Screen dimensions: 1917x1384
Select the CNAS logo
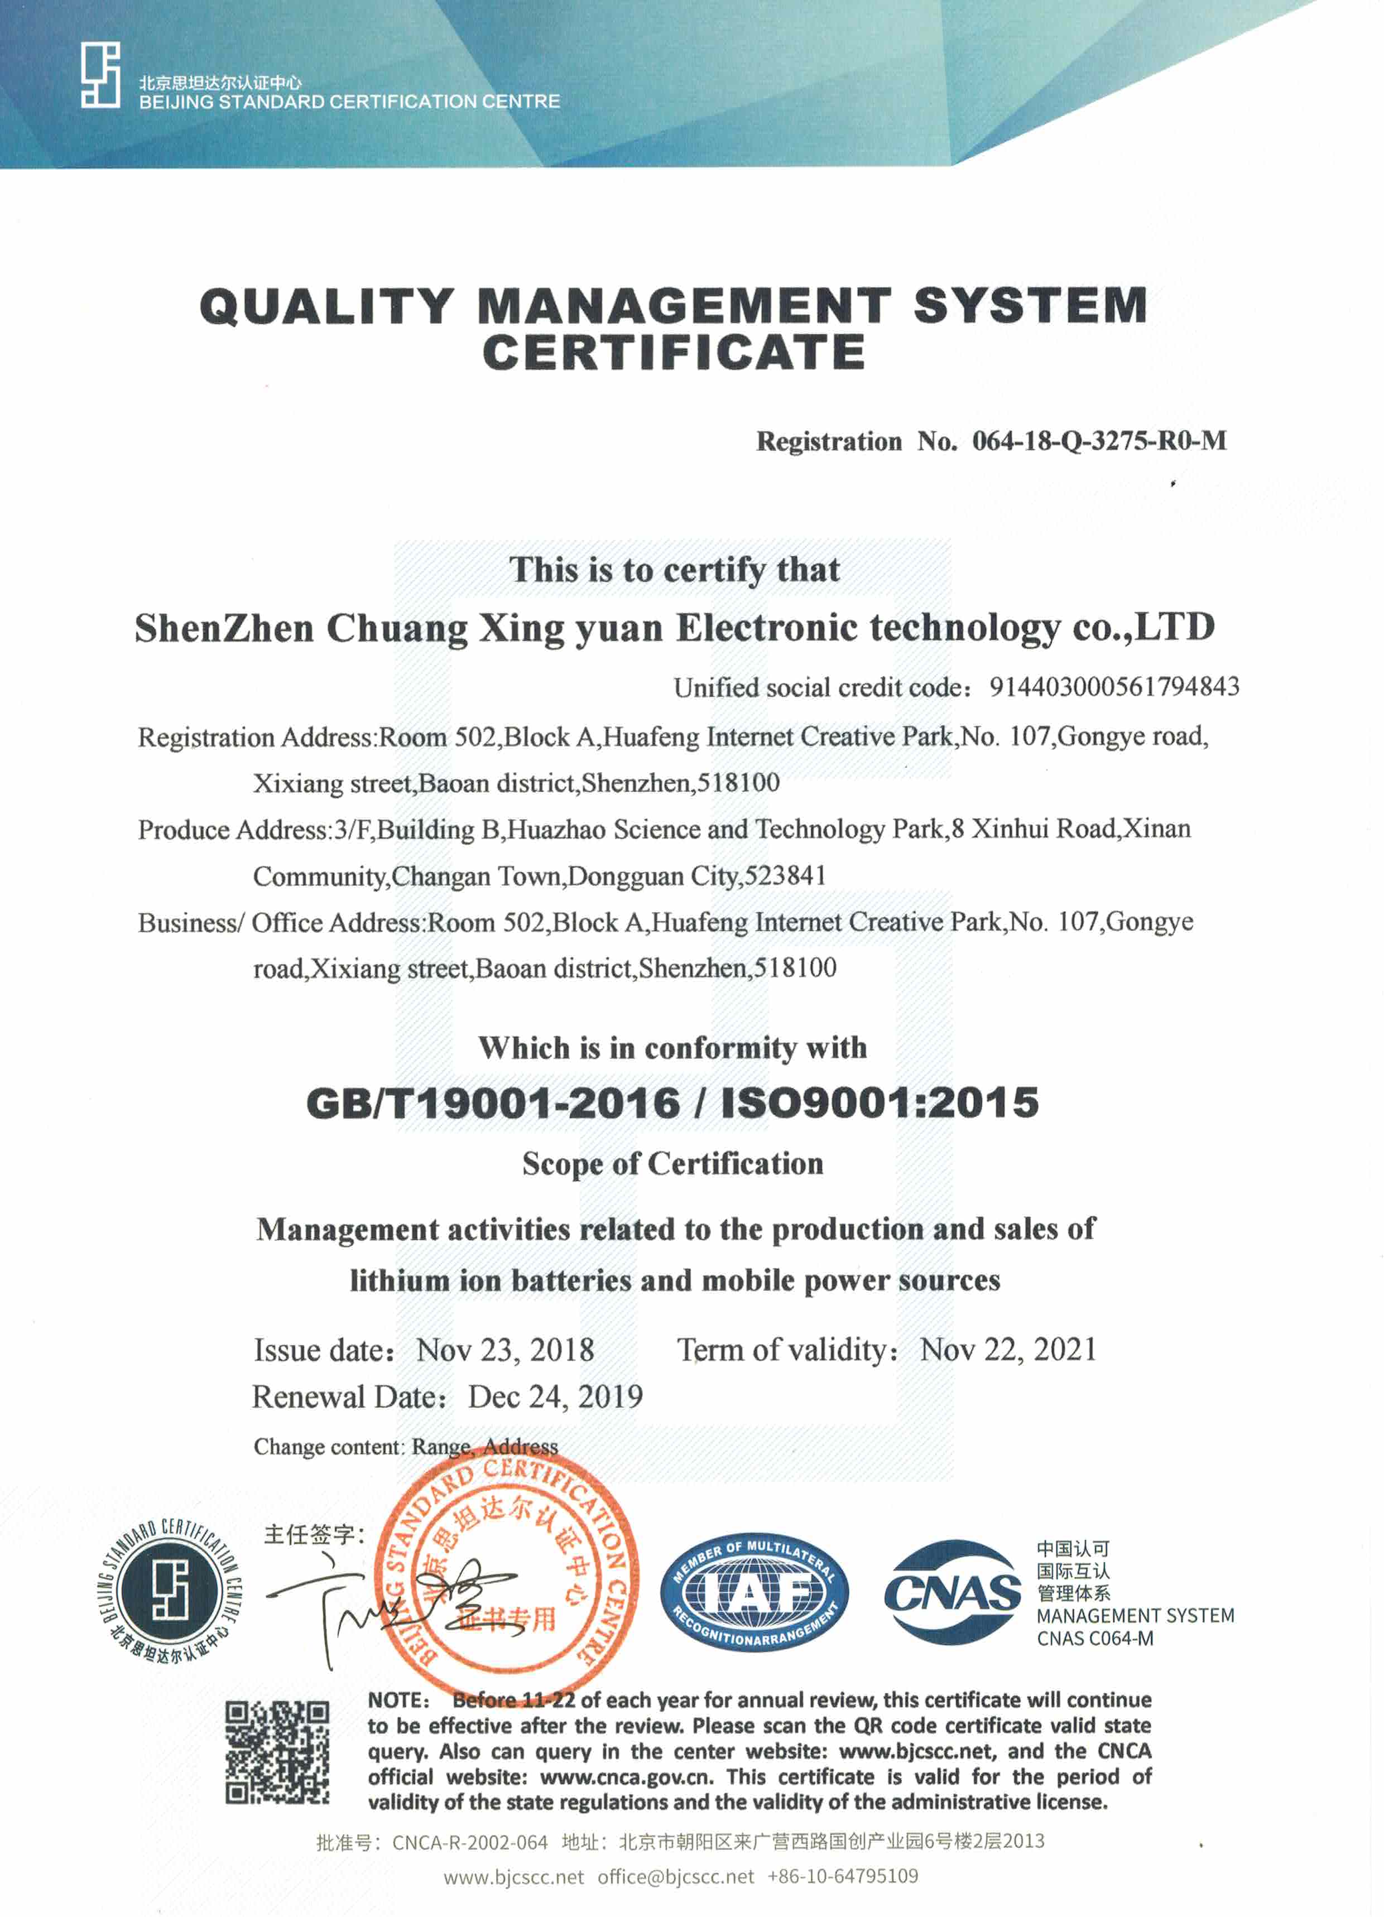click(952, 1593)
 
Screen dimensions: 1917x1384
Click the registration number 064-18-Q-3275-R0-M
click(1098, 441)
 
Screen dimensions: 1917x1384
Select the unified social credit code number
click(1114, 687)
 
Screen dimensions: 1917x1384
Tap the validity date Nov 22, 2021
click(1008, 1350)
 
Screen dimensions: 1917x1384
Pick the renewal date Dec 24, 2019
click(555, 1397)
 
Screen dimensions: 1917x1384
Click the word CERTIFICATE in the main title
click(674, 353)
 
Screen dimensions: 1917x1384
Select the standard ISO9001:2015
click(880, 1102)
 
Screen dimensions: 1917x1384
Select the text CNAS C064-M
click(1095, 1638)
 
